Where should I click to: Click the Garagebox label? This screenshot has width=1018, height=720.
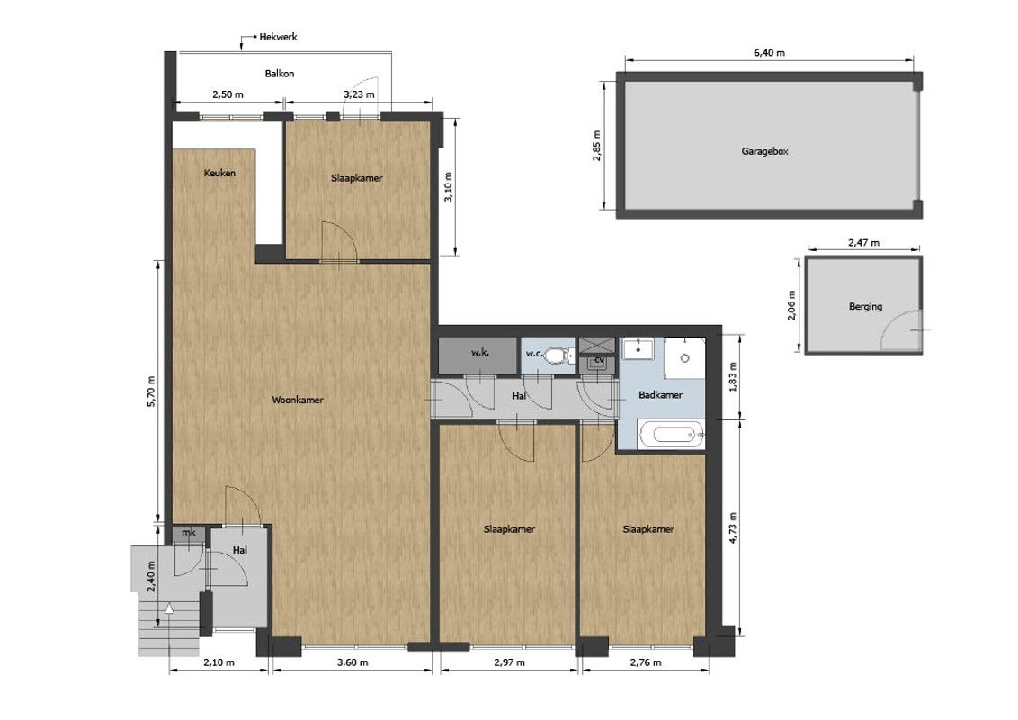764,151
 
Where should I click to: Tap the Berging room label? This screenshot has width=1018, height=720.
865,306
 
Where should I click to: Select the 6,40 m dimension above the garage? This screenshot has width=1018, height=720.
769,52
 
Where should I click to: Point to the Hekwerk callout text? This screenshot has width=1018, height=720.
278,37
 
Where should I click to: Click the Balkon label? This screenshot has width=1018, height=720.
279,74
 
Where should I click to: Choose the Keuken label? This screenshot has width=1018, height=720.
219,173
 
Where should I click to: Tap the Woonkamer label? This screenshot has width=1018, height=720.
298,400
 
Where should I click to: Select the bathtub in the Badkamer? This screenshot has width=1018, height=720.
671,434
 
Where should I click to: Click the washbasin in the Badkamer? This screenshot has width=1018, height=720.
638,349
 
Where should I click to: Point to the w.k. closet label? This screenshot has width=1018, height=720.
480,352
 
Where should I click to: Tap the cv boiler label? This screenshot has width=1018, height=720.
599,359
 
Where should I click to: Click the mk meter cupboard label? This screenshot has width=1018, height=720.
188,532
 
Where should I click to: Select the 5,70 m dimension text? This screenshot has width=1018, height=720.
151,391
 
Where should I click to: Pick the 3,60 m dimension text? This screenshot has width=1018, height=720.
352,662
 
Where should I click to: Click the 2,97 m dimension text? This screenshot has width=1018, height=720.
509,662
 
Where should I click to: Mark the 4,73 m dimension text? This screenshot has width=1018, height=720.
733,527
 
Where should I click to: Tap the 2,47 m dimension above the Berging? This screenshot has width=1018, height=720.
863,242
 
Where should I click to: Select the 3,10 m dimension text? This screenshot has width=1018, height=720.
447,187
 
